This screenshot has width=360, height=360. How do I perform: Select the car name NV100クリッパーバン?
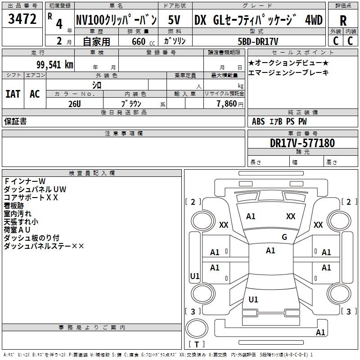(x=116, y=20)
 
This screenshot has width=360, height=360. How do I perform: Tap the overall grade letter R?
(x=343, y=21)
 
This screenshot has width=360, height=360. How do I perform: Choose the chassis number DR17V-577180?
(x=302, y=143)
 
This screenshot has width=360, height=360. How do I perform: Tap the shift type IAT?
(x=13, y=94)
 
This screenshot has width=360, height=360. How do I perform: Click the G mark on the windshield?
(x=284, y=237)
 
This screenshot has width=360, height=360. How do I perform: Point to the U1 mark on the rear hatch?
(x=253, y=299)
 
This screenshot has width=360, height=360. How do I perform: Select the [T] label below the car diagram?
(x=196, y=345)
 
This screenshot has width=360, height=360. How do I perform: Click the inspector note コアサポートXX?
(x=31, y=197)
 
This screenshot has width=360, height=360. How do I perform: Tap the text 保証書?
(x=15, y=121)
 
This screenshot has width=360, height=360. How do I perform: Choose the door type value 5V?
(x=175, y=20)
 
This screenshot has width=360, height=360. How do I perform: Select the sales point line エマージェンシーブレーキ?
(x=288, y=72)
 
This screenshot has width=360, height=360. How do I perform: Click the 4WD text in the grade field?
(x=314, y=20)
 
